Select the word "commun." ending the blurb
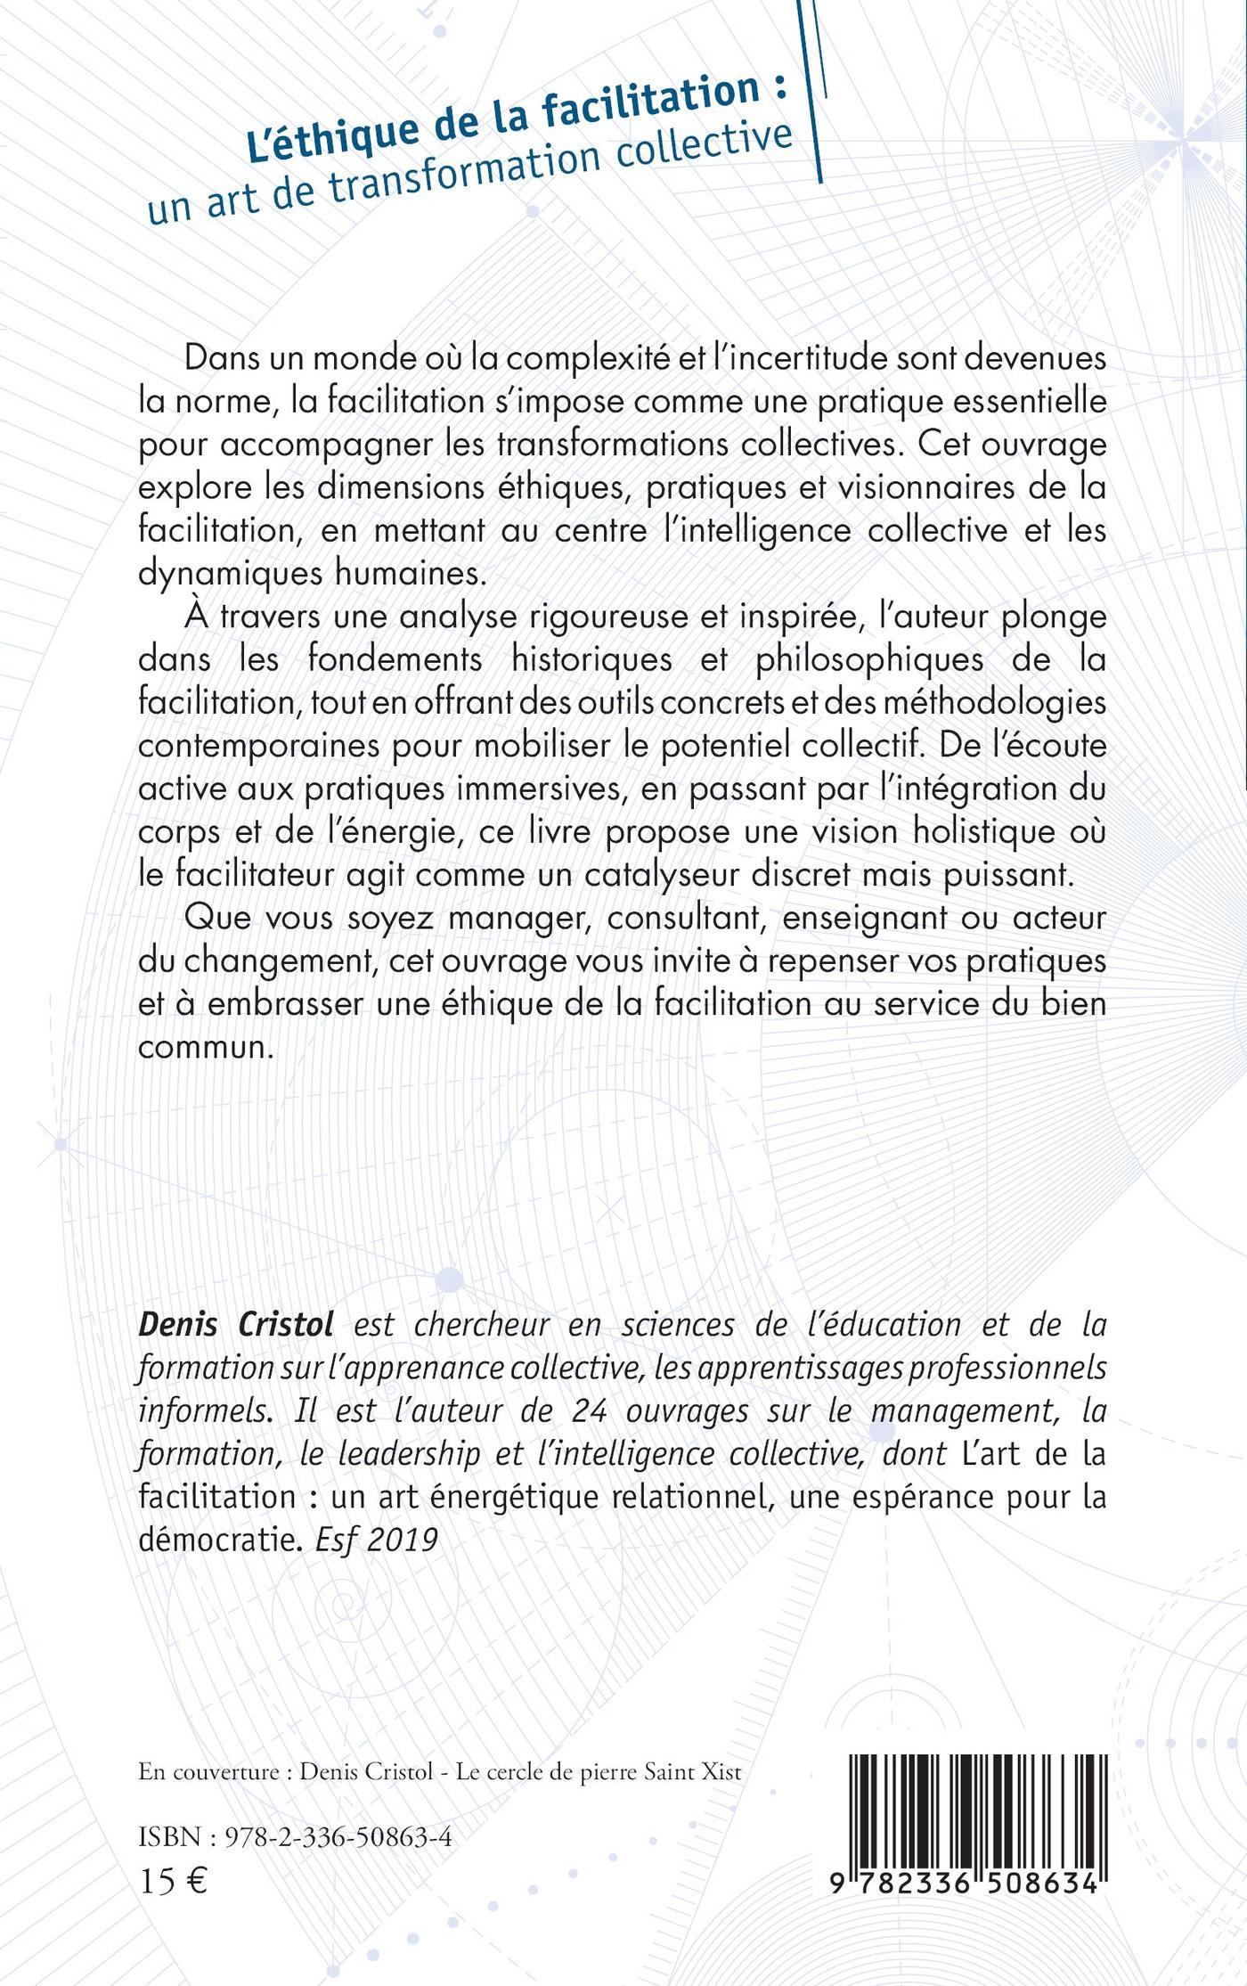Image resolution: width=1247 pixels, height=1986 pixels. point(204,1046)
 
